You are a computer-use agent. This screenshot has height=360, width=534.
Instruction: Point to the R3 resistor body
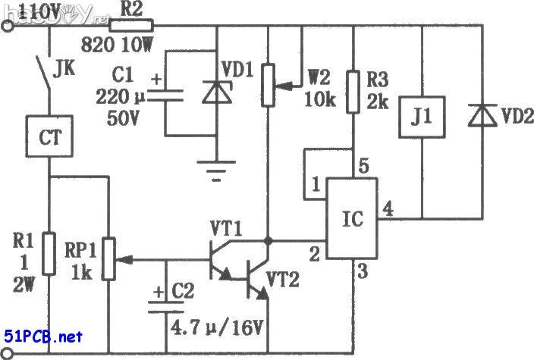(353, 92)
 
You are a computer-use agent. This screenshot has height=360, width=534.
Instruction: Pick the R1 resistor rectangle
(49, 254)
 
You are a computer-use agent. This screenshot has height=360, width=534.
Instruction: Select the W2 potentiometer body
(267, 84)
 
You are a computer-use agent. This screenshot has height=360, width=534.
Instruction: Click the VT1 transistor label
(225, 227)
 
